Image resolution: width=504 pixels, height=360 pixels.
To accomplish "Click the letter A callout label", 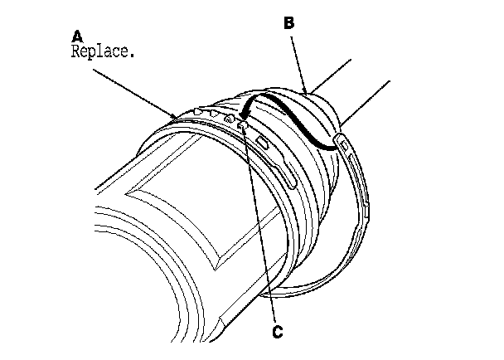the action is click(78, 36).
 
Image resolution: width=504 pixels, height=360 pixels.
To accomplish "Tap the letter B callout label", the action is click(289, 25).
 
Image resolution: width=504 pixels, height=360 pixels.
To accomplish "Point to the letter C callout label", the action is click(278, 333).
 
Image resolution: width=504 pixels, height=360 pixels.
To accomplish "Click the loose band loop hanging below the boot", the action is click(332, 265).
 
